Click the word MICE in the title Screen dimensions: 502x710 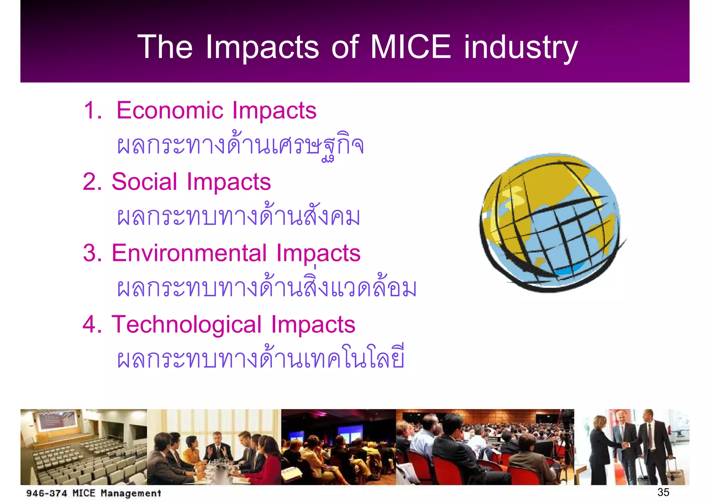(410, 47)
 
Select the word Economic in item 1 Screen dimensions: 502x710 (170, 111)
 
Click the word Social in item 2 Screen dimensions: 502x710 (144, 182)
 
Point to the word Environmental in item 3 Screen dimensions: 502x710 (189, 253)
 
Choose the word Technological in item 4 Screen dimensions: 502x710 (186, 325)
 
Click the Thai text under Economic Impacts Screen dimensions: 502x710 (240, 146)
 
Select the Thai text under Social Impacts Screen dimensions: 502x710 (239, 217)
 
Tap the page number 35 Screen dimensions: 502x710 (663, 492)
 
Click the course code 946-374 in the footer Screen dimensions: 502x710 (46, 493)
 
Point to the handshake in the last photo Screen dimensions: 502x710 (626, 444)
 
